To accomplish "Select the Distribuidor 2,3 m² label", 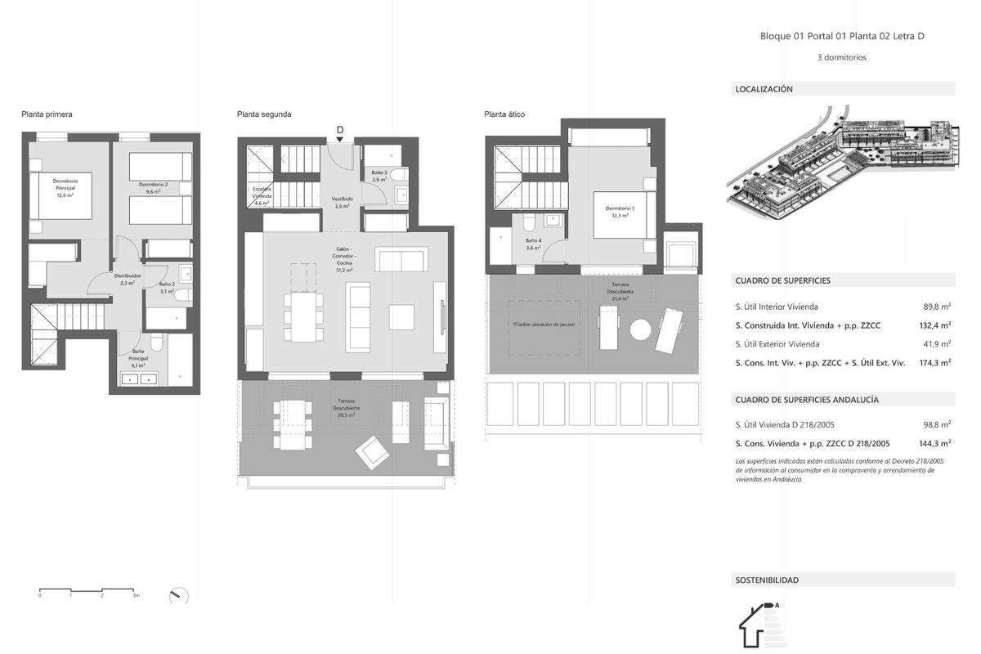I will (128, 280).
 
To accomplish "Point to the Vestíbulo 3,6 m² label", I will (342, 203).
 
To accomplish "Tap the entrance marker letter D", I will (340, 129).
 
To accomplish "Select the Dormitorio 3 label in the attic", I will (620, 212).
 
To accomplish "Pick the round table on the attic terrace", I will (640, 329).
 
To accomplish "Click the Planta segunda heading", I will (264, 114).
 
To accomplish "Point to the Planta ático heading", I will (504, 114).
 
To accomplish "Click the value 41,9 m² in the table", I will (936, 344).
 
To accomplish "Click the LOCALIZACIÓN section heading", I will (764, 89).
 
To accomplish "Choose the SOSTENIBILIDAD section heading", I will (767, 580).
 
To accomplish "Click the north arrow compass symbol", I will (178, 596).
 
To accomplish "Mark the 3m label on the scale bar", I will (136, 596).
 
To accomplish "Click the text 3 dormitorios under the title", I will (841, 58).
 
